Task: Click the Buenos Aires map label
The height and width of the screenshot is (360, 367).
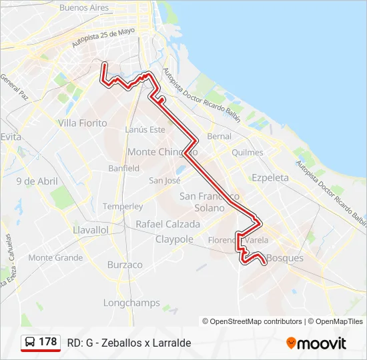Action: point(83,8)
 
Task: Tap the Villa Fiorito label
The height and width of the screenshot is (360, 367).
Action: point(82,123)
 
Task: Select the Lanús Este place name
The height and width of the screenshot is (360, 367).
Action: point(145,129)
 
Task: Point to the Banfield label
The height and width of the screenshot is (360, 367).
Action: point(123,168)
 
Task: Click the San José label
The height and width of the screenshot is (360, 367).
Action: point(165,180)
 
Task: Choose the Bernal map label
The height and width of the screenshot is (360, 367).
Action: point(220,136)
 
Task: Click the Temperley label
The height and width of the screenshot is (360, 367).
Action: point(123,207)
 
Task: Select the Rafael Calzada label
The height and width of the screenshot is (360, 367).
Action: point(167,224)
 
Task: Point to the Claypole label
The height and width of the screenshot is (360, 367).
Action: point(174,239)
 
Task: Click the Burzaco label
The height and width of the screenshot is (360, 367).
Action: point(125,265)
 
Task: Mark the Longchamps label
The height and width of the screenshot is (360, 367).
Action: point(131,303)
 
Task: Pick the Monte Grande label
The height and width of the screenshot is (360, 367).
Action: point(55,257)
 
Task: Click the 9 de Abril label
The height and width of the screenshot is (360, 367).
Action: point(37,181)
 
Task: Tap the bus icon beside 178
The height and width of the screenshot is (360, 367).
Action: point(30,342)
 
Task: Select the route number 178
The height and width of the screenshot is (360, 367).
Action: point(48,342)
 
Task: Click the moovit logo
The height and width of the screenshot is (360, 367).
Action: point(316,343)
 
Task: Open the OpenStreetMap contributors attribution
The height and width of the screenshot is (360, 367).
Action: point(256,321)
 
